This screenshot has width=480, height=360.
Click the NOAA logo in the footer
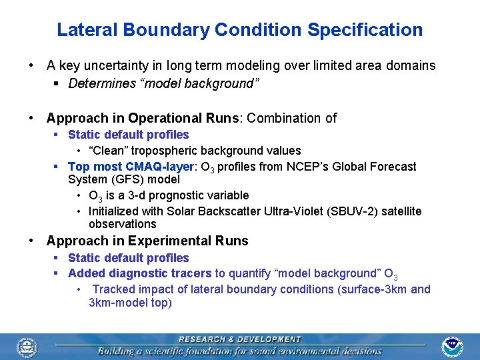(x=453, y=346)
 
